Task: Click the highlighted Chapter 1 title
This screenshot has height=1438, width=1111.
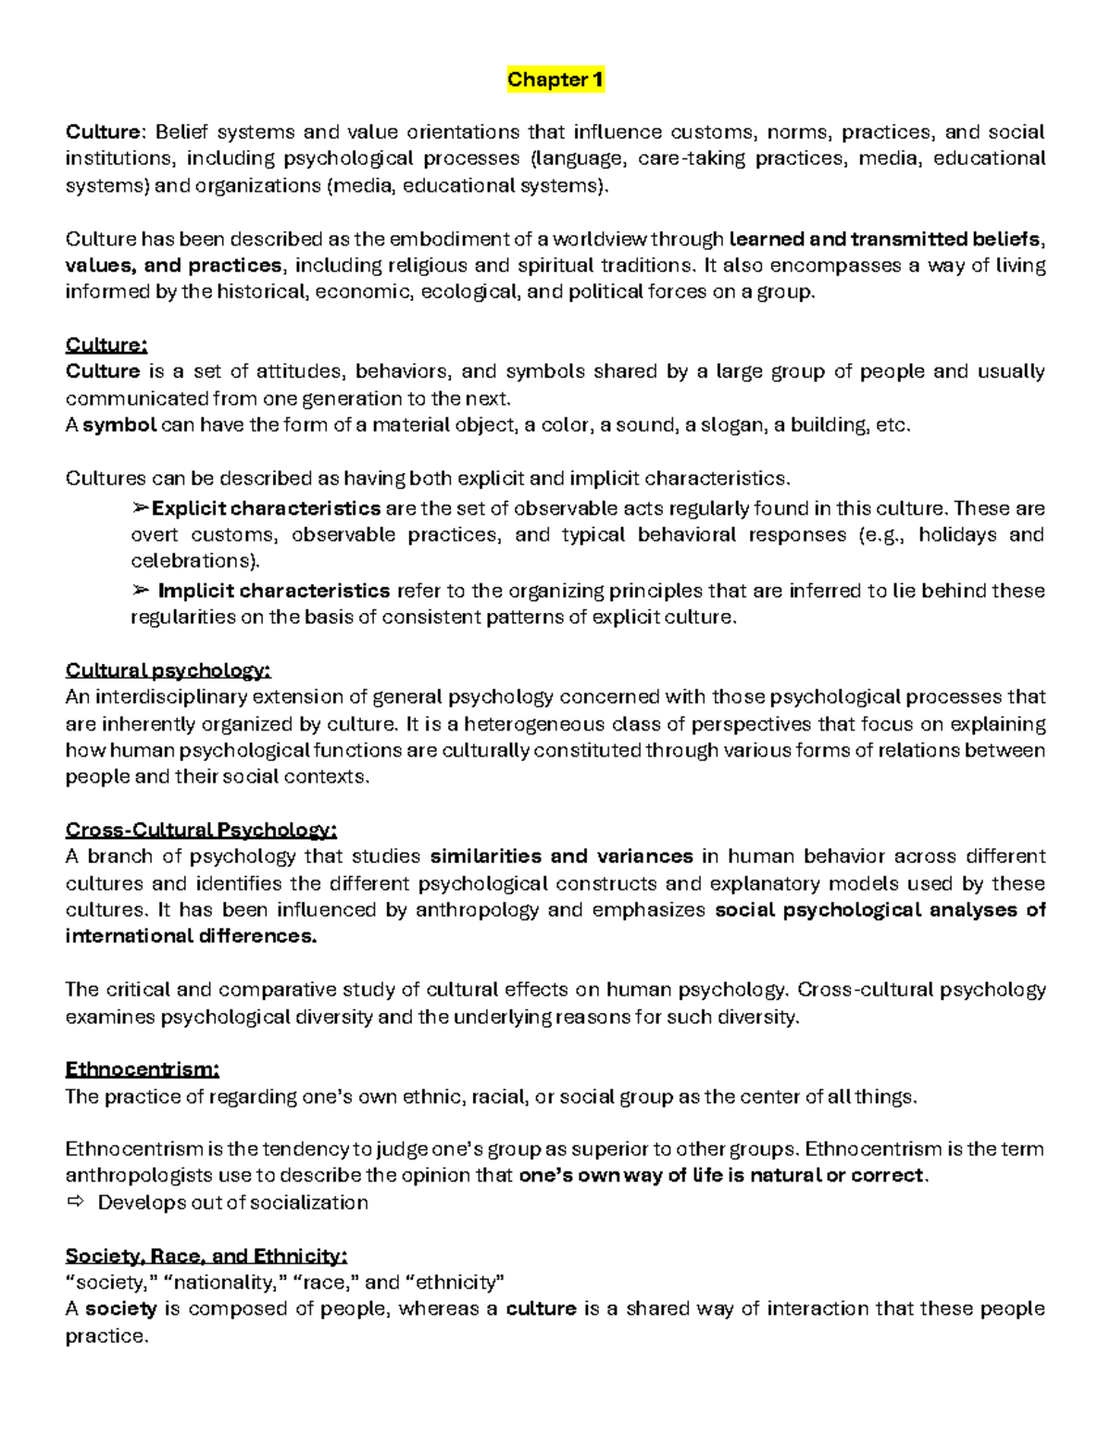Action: [x=555, y=80]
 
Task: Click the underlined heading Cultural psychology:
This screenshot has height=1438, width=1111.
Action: [x=168, y=670]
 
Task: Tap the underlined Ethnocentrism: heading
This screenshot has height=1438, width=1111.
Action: [x=142, y=1070]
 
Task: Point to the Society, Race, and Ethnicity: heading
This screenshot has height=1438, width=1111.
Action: [x=206, y=1257]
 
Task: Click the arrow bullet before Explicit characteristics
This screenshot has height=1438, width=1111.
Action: [x=141, y=508]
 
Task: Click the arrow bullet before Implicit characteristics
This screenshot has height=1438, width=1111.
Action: [x=141, y=591]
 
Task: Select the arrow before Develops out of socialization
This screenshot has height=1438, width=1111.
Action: [x=75, y=1203]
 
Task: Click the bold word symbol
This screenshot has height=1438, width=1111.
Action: [x=119, y=426]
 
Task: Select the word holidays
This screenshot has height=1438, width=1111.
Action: [x=957, y=535]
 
